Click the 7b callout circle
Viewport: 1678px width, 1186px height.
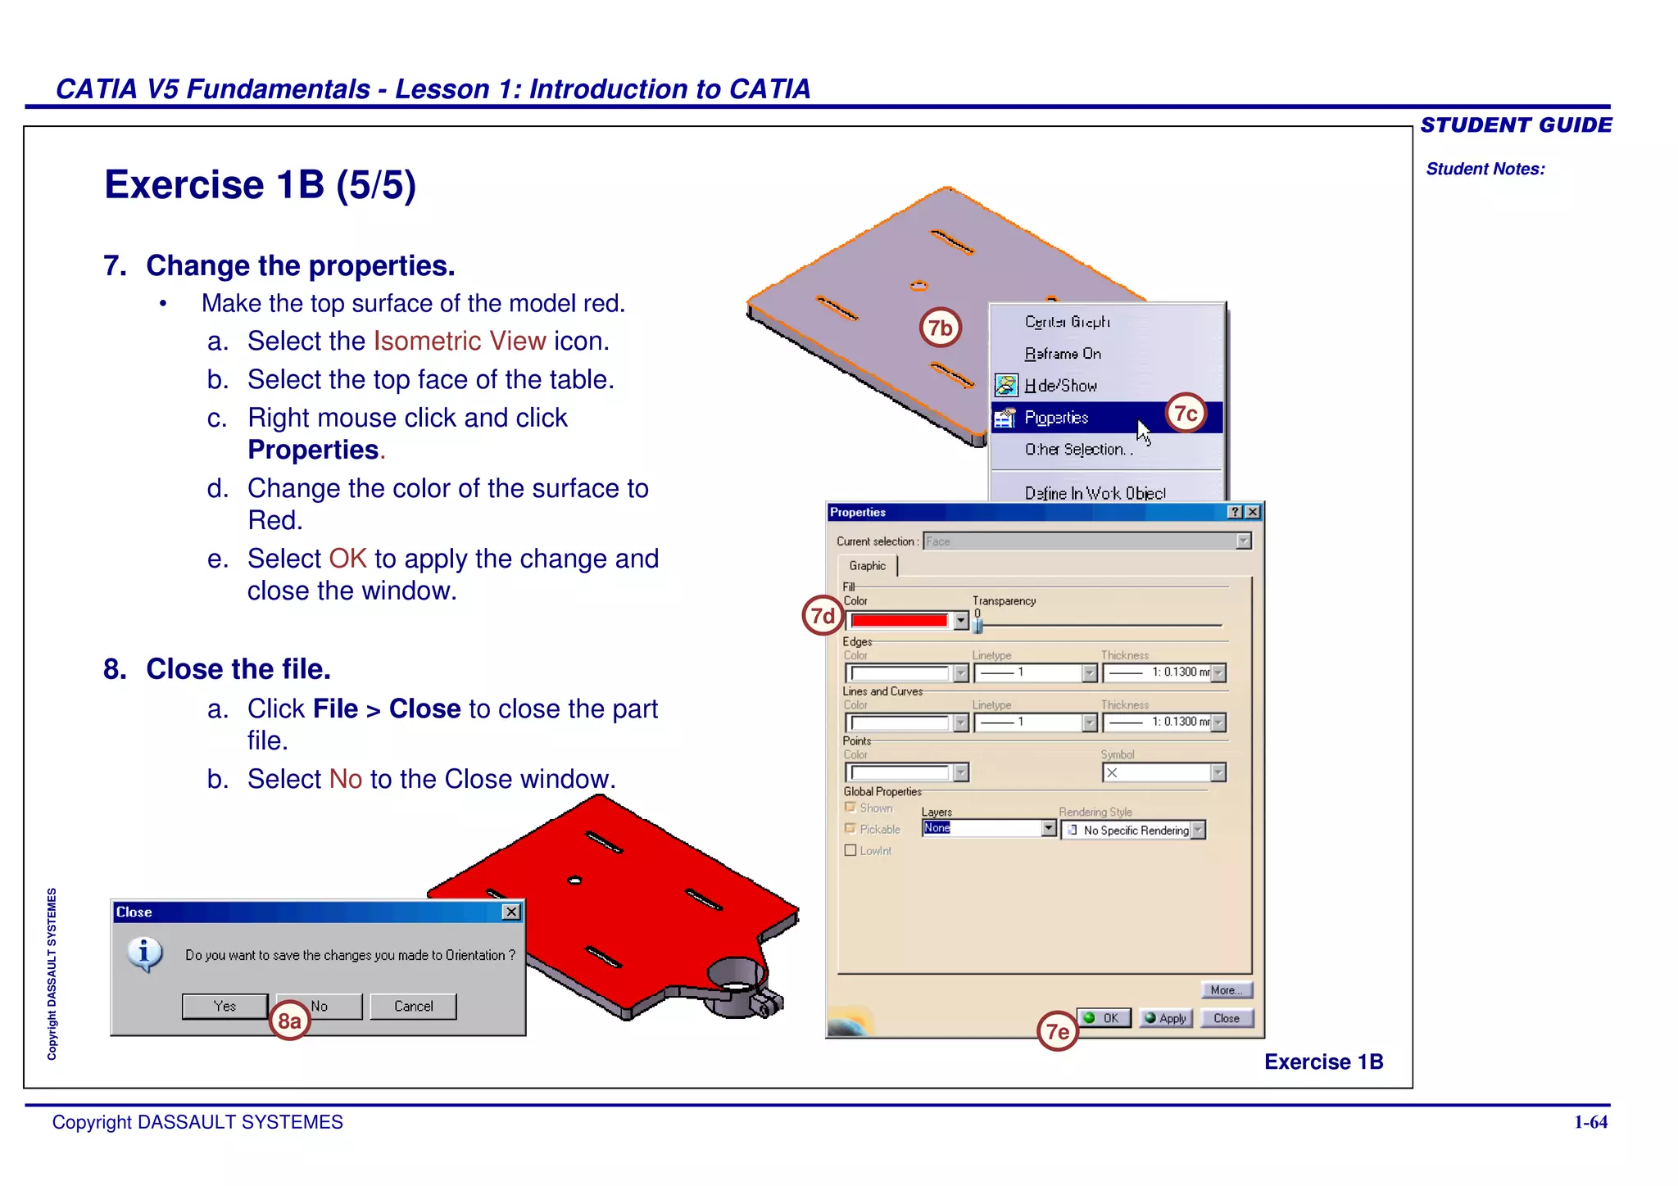(940, 328)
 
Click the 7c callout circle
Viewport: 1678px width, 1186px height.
(1186, 414)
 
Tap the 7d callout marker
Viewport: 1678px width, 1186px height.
(823, 616)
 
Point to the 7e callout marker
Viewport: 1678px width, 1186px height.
(1057, 1031)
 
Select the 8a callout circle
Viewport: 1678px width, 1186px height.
(289, 1021)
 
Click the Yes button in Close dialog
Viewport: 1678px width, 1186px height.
(224, 1006)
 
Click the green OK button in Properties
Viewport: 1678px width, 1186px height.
(1103, 1018)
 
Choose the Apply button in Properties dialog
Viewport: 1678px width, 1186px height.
(1165, 1018)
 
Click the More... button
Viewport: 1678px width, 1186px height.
(1226, 990)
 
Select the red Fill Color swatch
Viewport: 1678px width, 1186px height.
(899, 621)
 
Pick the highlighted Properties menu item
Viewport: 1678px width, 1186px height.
(1057, 418)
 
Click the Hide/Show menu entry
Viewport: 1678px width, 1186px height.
(1060, 386)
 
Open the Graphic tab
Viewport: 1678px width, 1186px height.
(867, 566)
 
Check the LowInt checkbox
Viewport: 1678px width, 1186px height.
(850, 850)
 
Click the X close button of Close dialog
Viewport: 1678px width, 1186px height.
(511, 912)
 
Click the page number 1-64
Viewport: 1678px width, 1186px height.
(1590, 1122)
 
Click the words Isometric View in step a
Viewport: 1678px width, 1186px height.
(460, 341)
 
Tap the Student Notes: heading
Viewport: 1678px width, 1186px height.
(1485, 169)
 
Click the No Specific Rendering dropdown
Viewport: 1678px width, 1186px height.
(1133, 831)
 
